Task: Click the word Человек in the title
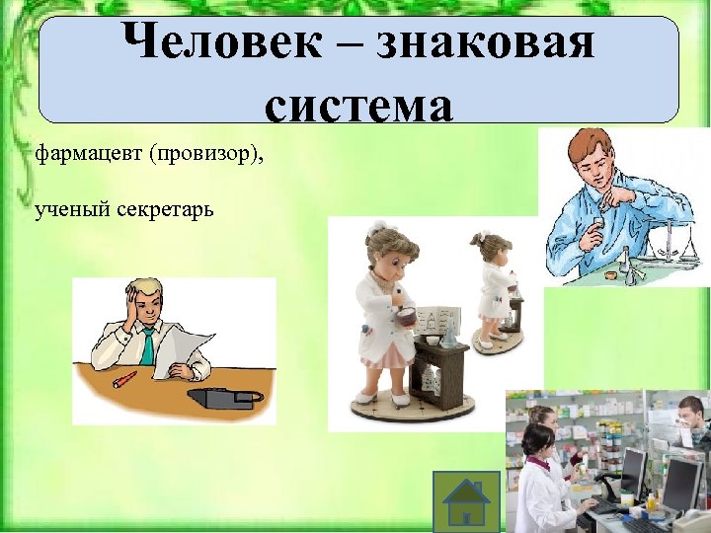(200, 42)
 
